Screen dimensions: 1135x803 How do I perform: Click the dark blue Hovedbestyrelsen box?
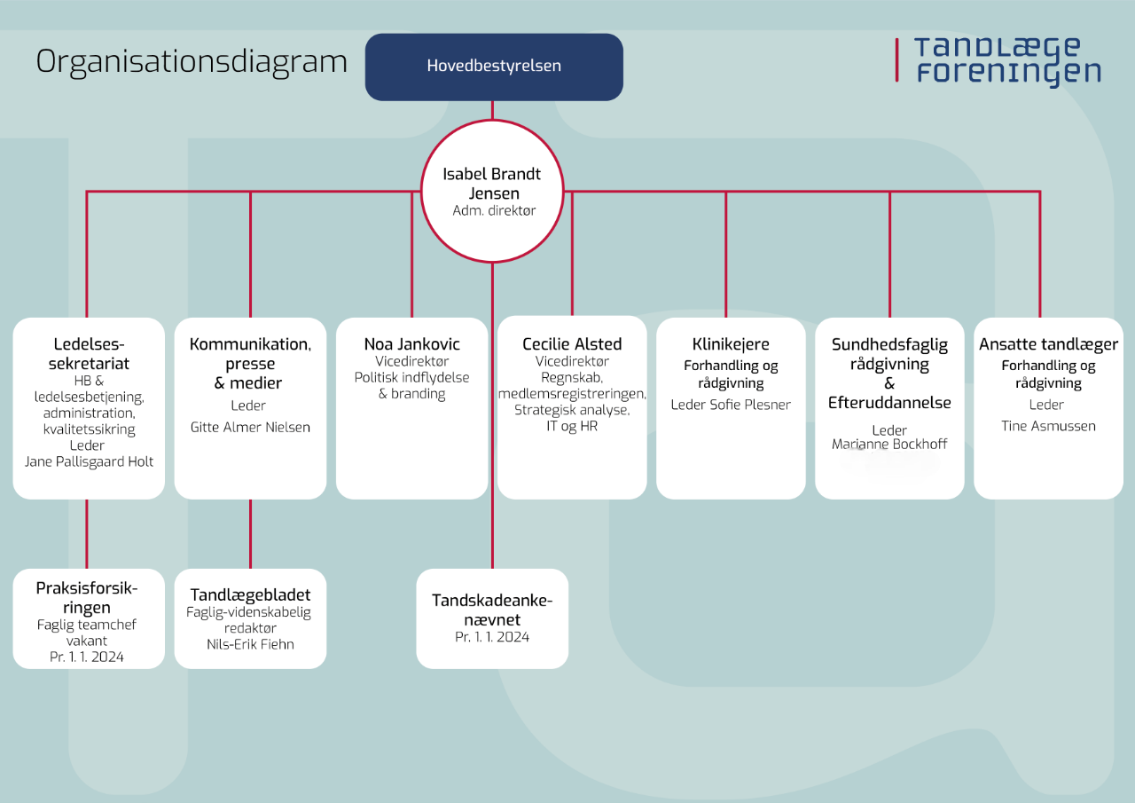click(494, 67)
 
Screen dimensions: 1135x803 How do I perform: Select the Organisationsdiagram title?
click(192, 63)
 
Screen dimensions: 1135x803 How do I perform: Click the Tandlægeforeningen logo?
click(998, 61)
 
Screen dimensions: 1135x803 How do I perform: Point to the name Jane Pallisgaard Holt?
click(89, 461)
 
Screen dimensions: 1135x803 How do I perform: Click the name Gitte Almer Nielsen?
click(250, 427)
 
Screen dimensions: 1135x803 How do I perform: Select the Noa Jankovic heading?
click(412, 344)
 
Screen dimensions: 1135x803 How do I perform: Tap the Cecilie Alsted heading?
click(572, 344)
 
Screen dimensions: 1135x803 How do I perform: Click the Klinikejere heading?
click(731, 344)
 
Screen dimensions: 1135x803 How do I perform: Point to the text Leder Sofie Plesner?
click(731, 405)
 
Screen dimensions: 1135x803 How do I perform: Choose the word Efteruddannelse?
click(889, 403)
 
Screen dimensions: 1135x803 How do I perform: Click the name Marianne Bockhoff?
click(889, 444)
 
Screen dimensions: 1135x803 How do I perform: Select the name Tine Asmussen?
click(1048, 426)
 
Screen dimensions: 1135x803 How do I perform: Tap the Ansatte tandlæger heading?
click(1048, 344)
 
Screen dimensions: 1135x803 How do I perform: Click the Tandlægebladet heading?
click(250, 594)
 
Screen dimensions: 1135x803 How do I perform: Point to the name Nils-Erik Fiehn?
click(250, 644)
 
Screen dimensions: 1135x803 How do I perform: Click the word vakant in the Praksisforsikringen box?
click(87, 641)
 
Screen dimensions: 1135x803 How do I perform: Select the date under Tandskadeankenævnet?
click(492, 637)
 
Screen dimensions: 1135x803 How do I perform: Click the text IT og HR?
click(572, 426)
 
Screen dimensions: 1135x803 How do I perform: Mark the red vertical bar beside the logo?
click(896, 59)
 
